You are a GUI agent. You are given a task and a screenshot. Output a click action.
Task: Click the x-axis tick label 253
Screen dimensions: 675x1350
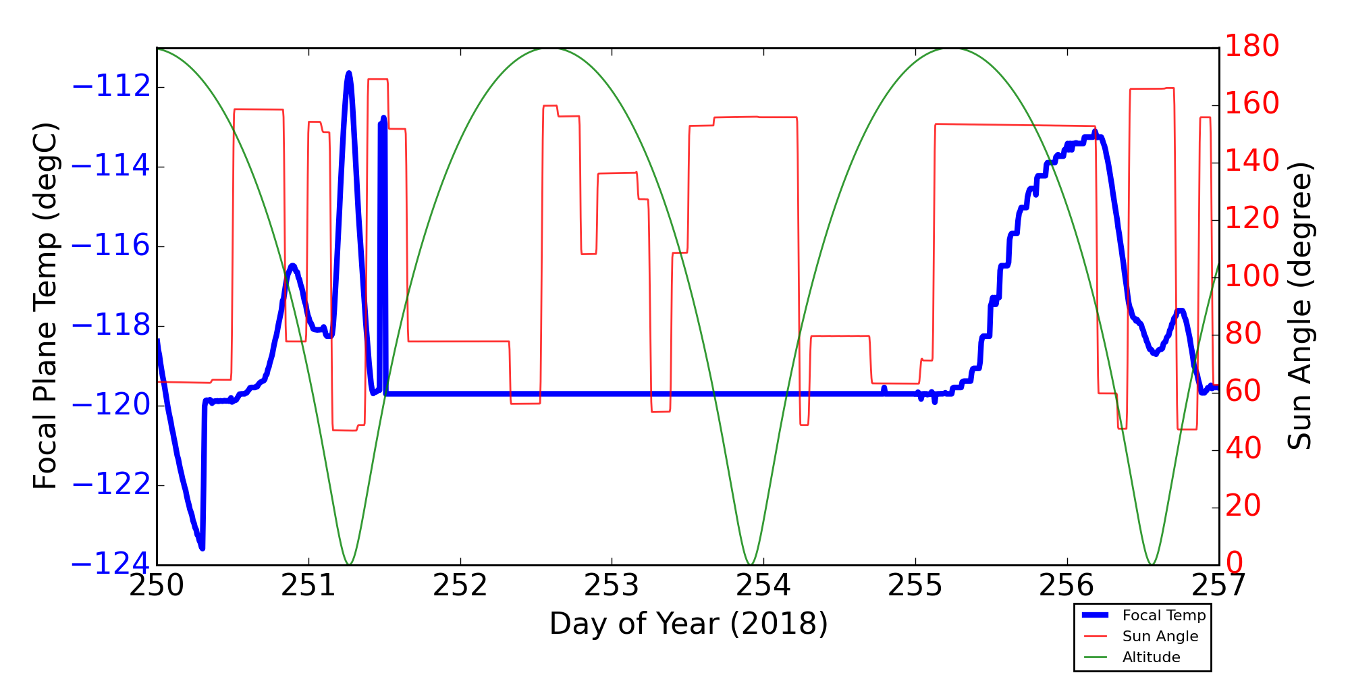tap(612, 586)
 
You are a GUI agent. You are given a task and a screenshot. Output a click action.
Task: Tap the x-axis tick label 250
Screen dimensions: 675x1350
tap(157, 586)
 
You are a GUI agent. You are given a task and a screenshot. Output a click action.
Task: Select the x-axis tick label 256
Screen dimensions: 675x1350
tap(1066, 586)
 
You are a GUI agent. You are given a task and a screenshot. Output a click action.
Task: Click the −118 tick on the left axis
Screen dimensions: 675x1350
tap(111, 325)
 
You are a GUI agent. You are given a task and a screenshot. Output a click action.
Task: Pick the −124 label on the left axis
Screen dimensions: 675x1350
tap(111, 564)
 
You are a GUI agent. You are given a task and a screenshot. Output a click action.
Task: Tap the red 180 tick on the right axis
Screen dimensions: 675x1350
tap(1251, 47)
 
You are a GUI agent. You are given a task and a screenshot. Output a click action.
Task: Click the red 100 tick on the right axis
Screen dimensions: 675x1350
tap(1251, 277)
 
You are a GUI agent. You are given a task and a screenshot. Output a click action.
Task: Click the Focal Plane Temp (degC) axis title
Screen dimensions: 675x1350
tap(46, 306)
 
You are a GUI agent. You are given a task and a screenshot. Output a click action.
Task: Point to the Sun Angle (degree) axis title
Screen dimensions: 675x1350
tap(1299, 306)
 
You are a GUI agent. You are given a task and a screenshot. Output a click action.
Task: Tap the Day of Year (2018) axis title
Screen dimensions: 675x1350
tap(688, 624)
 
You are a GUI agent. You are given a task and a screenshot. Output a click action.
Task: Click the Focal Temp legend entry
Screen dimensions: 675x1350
tap(1164, 616)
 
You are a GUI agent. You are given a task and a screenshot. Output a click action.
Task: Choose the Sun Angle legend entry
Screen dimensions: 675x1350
tap(1160, 637)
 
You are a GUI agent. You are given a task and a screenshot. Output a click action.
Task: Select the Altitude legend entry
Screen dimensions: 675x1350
tap(1151, 657)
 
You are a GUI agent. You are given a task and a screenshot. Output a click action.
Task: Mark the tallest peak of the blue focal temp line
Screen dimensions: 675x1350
tap(348, 73)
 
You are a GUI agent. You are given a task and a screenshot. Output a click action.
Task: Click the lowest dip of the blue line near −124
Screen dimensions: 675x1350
tap(201, 548)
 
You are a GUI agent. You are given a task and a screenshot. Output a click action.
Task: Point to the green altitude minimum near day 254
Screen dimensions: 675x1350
tap(750, 564)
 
